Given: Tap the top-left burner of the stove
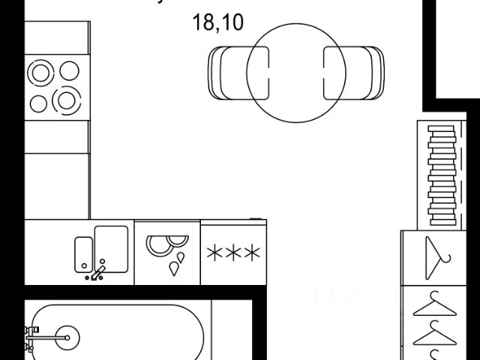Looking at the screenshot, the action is [x=39, y=72].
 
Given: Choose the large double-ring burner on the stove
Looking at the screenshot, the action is [x=67, y=99].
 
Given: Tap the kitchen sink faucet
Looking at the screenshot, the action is [x=97, y=271].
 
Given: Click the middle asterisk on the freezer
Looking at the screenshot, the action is [x=232, y=253].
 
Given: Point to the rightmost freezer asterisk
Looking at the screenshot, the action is [x=250, y=253].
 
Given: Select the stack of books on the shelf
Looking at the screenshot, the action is [x=442, y=172].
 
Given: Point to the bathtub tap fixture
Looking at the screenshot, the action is [x=31, y=337].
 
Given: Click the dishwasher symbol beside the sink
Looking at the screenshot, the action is [x=167, y=253].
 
